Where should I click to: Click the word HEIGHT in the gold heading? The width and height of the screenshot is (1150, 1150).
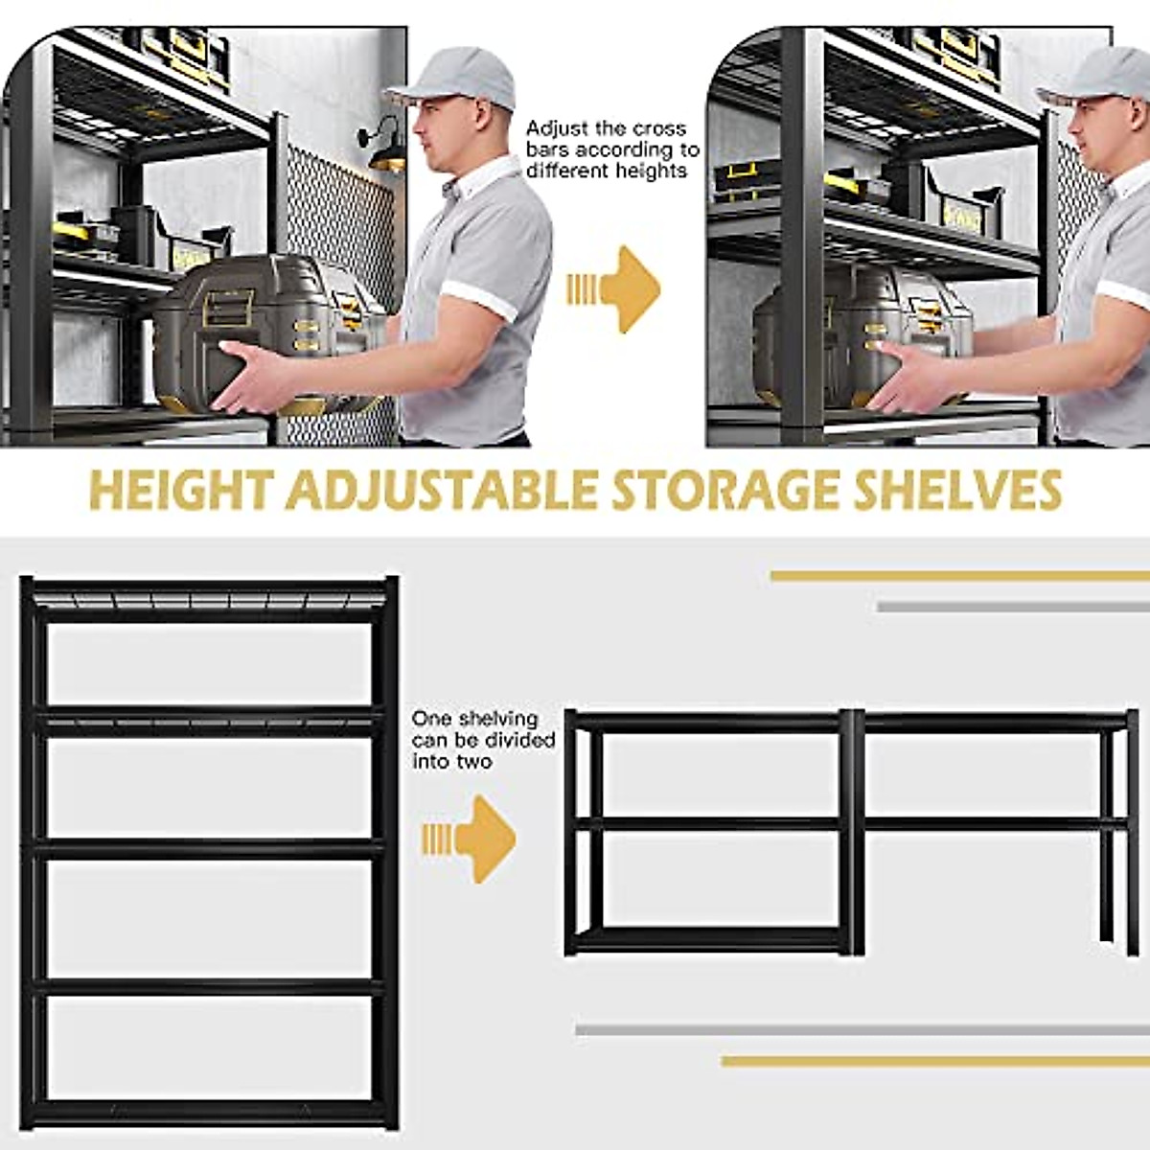[x=179, y=490]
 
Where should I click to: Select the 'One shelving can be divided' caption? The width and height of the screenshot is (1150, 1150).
[x=483, y=740]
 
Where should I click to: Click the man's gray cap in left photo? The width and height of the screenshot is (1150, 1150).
[x=454, y=77]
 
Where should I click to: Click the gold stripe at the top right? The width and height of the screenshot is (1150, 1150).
[x=958, y=576]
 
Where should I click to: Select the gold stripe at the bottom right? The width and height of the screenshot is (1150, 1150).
[x=934, y=1061]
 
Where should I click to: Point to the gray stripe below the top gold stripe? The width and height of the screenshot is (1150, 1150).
[x=1012, y=606]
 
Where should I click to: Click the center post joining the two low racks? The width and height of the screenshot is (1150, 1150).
[x=853, y=829]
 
